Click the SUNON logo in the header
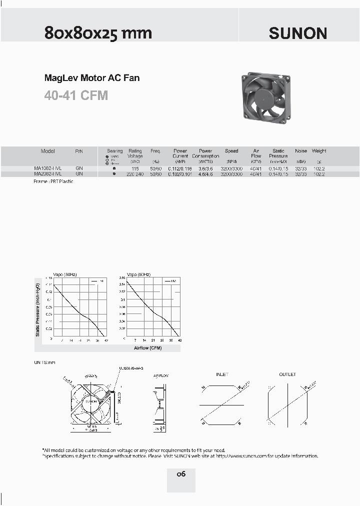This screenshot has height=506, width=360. coord(298,33)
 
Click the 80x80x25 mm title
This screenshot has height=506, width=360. coord(98,33)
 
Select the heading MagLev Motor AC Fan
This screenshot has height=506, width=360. coord(92,78)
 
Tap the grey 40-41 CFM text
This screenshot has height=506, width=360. coord(76,95)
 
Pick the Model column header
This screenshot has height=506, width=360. coord(48,151)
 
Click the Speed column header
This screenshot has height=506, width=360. coord(231,151)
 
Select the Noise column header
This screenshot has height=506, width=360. coord(301,151)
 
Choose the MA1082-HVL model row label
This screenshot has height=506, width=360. coord(48,169)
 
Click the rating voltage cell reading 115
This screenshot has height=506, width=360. coord(135,169)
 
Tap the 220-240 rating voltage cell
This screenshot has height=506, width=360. coord(135,174)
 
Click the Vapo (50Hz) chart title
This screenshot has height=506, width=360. coord(65,275)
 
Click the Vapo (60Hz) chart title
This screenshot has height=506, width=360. coord(138,275)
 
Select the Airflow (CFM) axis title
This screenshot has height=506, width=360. coord(148,347)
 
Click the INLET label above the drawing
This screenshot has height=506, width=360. coord(222,374)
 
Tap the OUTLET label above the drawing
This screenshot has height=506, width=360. coord(287,374)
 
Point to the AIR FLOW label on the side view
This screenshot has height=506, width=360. coord(160,374)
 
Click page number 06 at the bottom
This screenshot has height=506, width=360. coord(180,473)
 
